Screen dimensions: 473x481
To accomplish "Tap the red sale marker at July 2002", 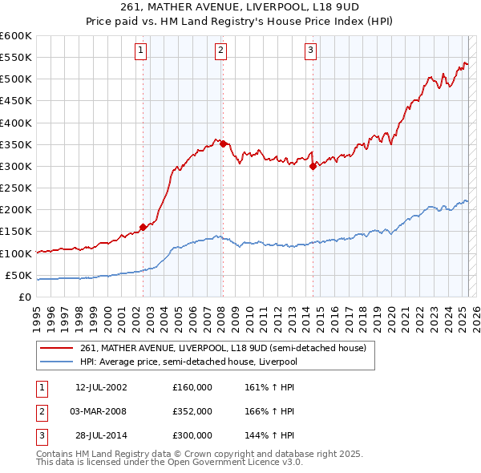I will click(x=143, y=227).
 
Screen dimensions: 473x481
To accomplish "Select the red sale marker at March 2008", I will click(x=223, y=144).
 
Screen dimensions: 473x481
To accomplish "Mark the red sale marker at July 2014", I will click(x=313, y=166).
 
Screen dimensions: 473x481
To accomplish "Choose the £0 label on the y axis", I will click(x=25, y=297).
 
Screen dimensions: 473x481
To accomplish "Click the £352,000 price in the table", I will click(x=192, y=411).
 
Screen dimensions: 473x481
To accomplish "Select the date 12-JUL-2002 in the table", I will click(x=101, y=387).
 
